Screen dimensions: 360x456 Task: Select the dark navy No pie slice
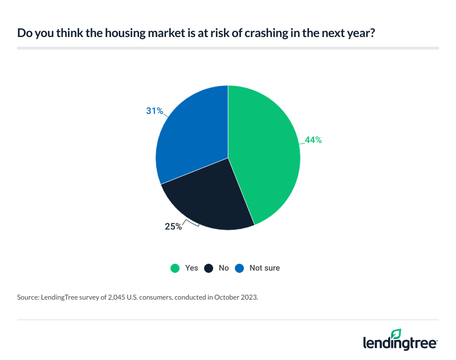click(211, 199)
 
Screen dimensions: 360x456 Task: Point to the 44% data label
click(313, 140)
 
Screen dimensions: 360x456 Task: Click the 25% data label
click(173, 227)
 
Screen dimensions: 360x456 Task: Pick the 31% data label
click(154, 111)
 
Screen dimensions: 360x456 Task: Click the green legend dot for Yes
click(175, 268)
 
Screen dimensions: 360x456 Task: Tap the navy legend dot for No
click(209, 268)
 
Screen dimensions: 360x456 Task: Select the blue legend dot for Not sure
click(238, 268)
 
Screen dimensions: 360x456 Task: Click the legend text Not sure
click(264, 268)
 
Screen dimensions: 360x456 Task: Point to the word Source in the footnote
click(28, 297)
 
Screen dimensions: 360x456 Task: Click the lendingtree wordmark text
click(400, 343)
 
